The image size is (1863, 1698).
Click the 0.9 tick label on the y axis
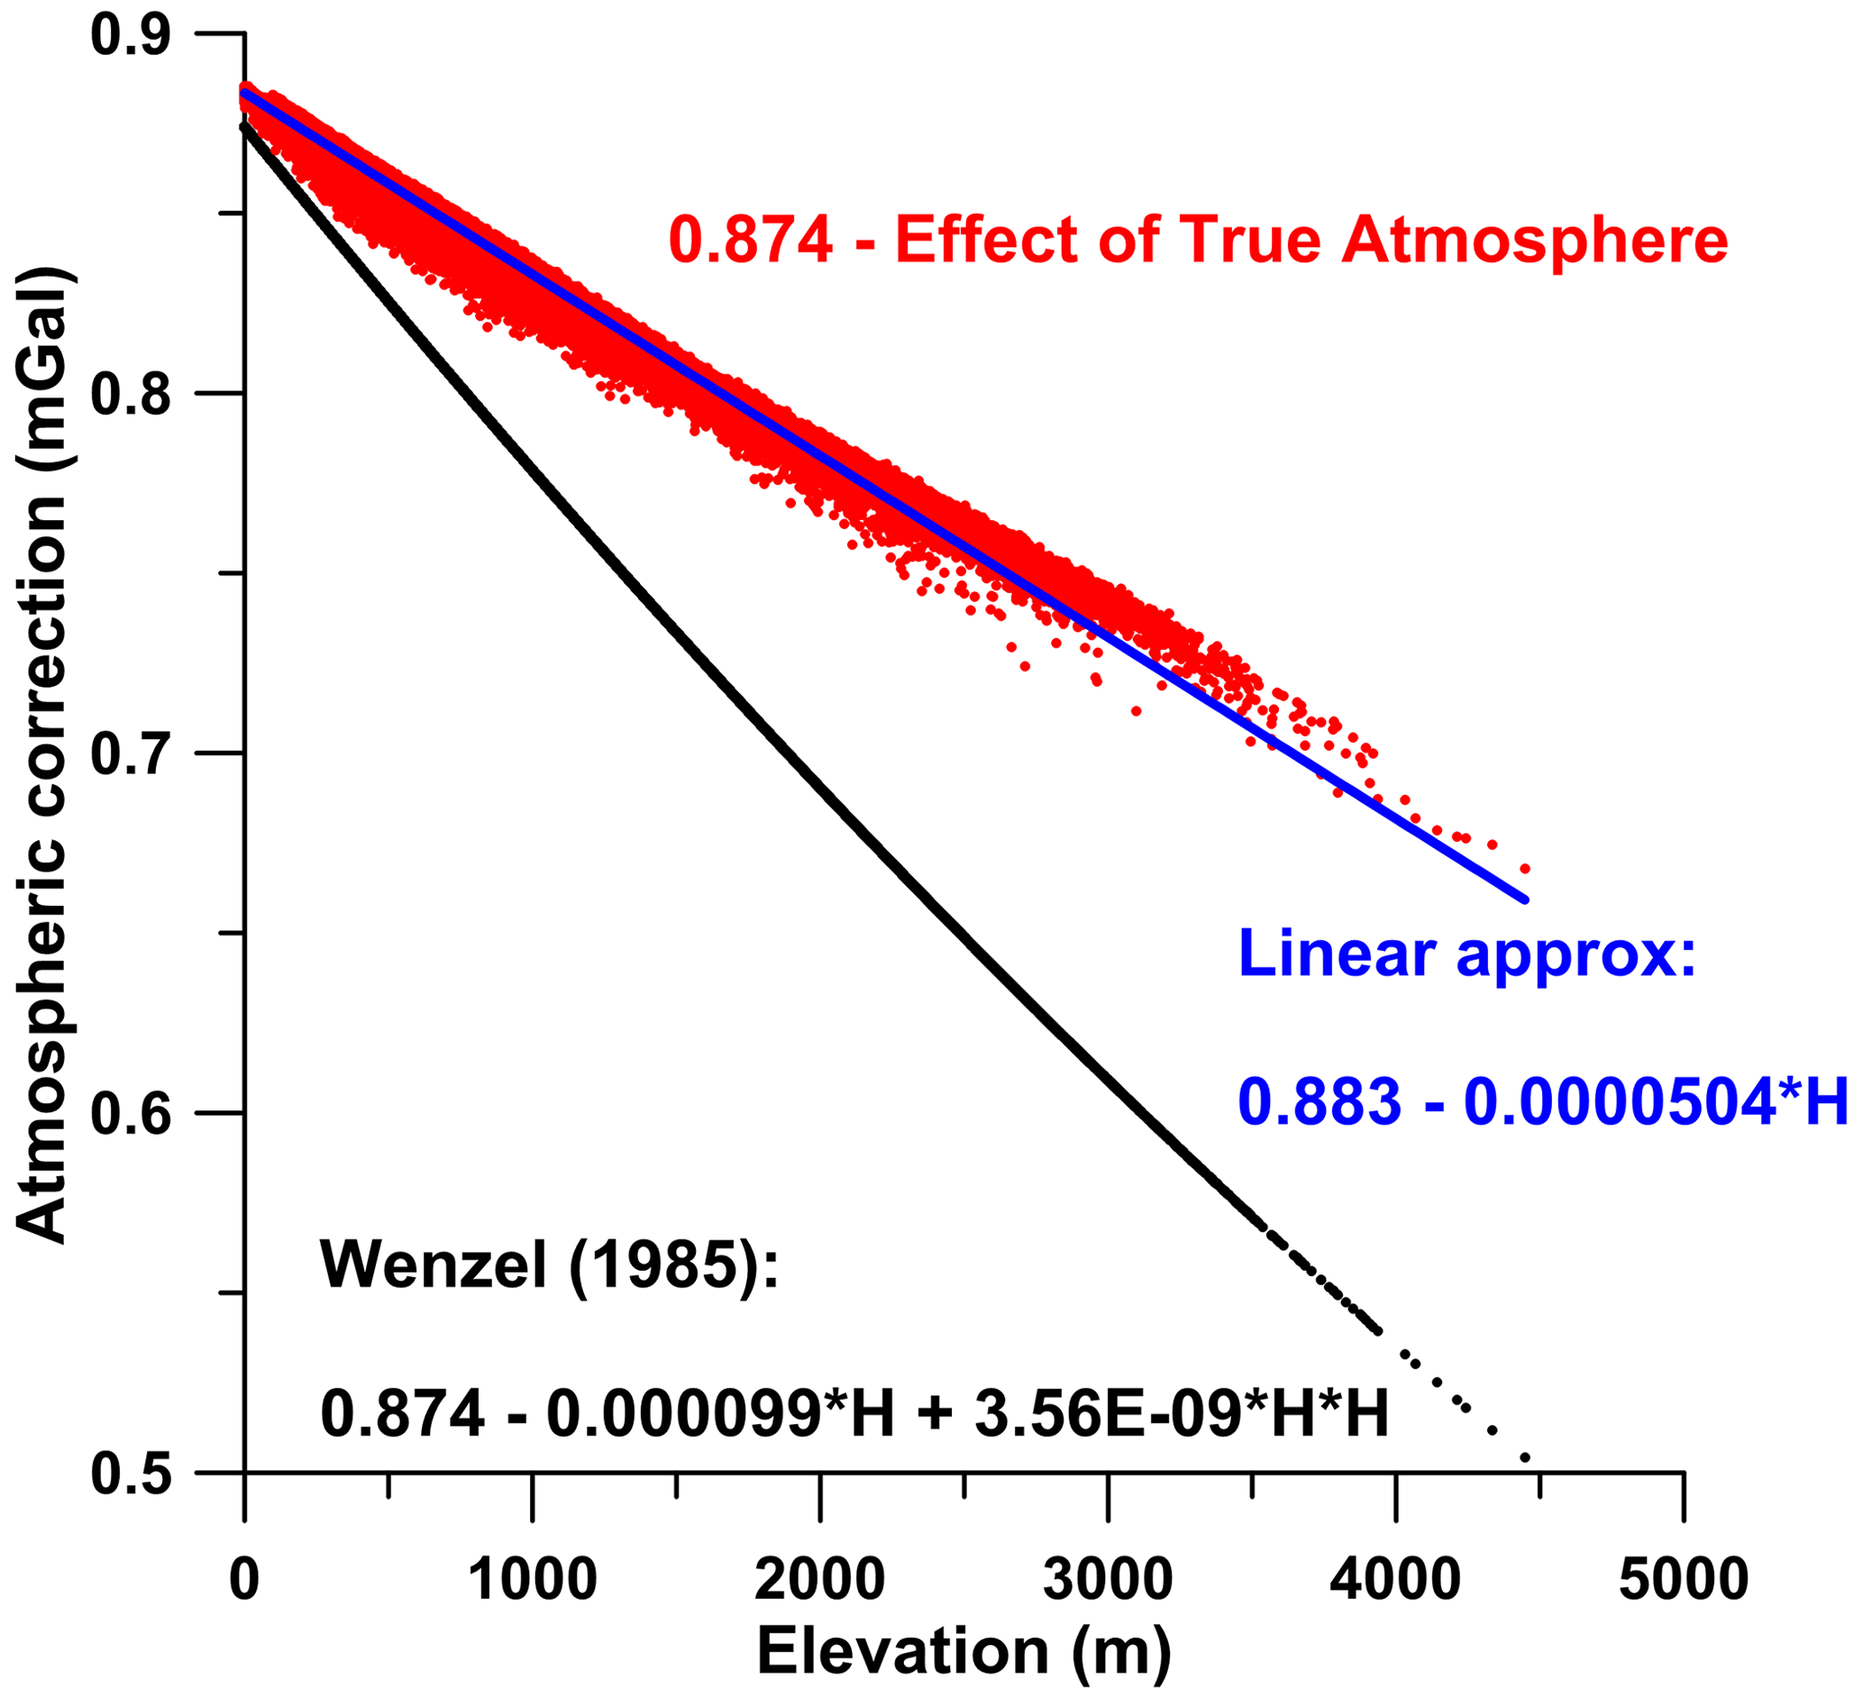pyautogui.click(x=132, y=34)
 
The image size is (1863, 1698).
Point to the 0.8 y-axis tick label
pyautogui.click(x=132, y=395)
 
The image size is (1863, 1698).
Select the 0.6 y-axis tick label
pyautogui.click(x=132, y=1114)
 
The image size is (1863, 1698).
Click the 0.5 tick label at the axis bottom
pyautogui.click(x=132, y=1474)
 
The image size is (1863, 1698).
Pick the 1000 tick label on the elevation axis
pyautogui.click(x=533, y=1579)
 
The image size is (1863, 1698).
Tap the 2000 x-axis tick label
pyautogui.click(x=819, y=1579)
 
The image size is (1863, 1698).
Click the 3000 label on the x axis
pyautogui.click(x=1108, y=1579)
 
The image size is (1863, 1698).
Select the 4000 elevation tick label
pyautogui.click(x=1395, y=1579)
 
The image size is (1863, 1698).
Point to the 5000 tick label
pyautogui.click(x=1683, y=1579)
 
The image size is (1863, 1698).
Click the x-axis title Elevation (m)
pyautogui.click(x=963, y=1651)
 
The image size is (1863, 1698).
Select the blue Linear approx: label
pyautogui.click(x=1467, y=953)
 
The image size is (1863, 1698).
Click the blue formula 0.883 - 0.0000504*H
pyautogui.click(x=1542, y=1102)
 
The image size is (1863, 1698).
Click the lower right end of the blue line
pyautogui.click(x=1524, y=899)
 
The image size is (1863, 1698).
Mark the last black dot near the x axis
pyautogui.click(x=1525, y=1457)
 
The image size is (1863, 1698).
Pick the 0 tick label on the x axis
pyautogui.click(x=244, y=1579)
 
